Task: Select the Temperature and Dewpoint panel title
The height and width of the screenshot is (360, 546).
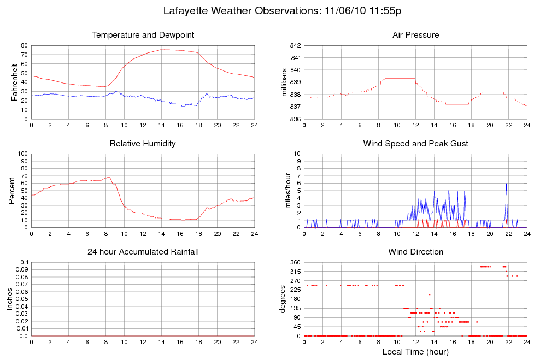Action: coord(143,35)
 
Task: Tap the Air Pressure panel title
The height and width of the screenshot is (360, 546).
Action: coord(415,35)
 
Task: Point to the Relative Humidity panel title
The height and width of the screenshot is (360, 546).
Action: coord(143,144)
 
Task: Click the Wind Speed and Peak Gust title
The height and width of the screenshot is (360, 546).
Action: coord(415,144)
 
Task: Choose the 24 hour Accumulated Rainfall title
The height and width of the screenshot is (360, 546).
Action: coord(143,252)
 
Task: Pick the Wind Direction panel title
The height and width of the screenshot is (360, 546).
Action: coord(415,252)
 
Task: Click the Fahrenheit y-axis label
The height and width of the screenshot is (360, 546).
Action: coord(14,82)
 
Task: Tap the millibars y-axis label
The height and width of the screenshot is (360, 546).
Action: coord(284,82)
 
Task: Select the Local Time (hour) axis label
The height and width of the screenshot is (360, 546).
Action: coord(415,351)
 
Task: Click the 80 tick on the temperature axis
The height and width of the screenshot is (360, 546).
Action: coord(24,46)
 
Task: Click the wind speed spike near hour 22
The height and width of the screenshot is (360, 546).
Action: coord(506,184)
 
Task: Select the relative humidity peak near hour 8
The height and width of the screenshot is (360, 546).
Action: coord(109,177)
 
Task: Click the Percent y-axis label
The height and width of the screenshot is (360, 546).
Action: coord(12,191)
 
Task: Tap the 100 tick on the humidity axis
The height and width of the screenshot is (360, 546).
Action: coord(22,154)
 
